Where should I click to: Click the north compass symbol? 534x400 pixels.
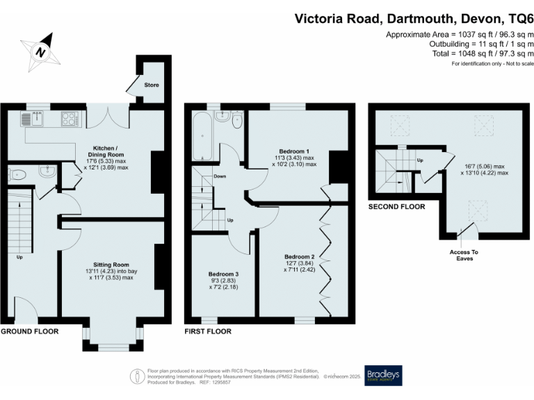[41, 51]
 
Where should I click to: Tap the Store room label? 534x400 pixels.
[152, 85]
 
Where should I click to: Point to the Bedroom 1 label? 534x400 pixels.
[294, 151]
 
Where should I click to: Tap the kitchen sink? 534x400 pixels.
[31, 119]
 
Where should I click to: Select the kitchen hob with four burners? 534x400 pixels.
[70, 119]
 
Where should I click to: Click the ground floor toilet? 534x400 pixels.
[16, 174]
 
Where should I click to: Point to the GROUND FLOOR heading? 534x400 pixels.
[29, 331]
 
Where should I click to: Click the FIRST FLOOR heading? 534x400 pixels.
[208, 331]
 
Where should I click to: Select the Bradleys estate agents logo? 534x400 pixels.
[383, 375]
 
